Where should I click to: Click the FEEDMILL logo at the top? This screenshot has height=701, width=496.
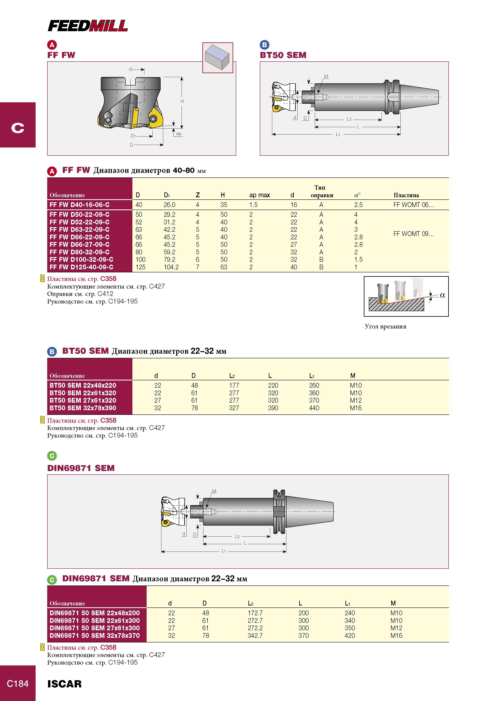tap(88, 26)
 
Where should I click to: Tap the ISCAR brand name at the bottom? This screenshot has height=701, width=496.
tap(64, 684)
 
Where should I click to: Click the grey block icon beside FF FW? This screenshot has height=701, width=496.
tap(218, 58)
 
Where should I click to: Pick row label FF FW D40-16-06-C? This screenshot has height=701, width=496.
tap(79, 205)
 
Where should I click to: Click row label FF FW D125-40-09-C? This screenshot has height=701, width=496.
tap(81, 267)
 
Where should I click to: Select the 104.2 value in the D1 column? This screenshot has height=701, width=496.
tap(171, 267)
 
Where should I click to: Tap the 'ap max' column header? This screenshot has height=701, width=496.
tap(259, 195)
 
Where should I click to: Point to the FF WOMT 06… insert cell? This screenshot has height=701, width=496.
tap(413, 205)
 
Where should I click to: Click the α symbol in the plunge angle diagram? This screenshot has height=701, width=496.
tap(443, 295)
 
